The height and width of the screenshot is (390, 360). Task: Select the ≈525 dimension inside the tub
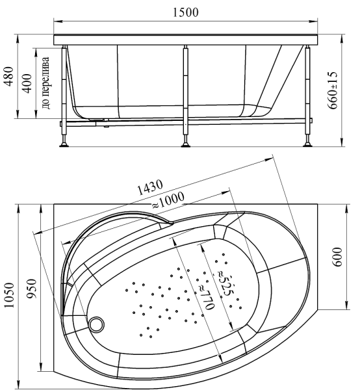pyautogui.click(x=223, y=279)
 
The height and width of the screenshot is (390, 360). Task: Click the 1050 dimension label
pyautogui.click(x=8, y=298)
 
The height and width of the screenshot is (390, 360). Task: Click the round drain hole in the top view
pyautogui.click(x=98, y=322)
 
